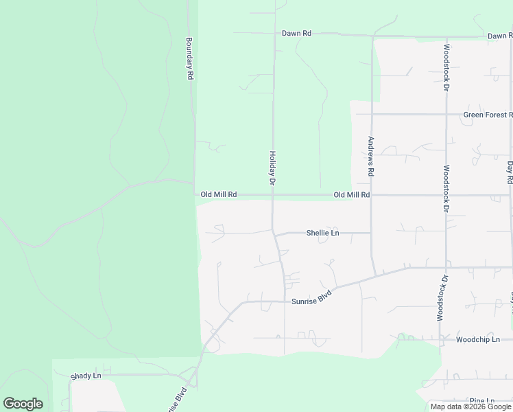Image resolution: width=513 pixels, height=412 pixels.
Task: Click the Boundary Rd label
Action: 189,58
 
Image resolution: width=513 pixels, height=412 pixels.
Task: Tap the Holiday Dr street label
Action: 272,169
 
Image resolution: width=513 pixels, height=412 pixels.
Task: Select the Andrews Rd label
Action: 370,157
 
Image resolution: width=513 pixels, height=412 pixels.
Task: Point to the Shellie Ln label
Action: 322,233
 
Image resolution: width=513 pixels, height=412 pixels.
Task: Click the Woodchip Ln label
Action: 477,339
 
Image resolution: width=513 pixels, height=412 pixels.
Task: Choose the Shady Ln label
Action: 86,376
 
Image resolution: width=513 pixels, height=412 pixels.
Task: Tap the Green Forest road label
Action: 487,115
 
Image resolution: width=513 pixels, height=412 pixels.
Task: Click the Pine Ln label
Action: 483,400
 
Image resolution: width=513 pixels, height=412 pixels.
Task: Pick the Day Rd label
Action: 510,172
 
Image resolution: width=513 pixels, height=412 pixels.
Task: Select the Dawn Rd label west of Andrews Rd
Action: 296,33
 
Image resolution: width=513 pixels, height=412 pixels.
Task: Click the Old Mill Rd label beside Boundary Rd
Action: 219,195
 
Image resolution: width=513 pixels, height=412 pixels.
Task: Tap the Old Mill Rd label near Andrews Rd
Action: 352,195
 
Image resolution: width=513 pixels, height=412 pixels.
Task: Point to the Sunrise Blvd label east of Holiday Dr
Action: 315,298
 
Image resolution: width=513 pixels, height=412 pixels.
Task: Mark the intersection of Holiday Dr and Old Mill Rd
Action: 273,195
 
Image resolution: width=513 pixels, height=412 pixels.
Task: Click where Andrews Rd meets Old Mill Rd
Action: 372,195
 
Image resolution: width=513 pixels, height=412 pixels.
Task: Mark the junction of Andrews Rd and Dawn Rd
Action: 372,35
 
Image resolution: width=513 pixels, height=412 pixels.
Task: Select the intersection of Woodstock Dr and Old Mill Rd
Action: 446,195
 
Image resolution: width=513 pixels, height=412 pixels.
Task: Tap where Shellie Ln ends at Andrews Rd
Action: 372,233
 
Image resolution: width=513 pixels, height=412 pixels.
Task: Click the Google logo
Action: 23,404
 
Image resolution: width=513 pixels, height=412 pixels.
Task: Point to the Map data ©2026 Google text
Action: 471,407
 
